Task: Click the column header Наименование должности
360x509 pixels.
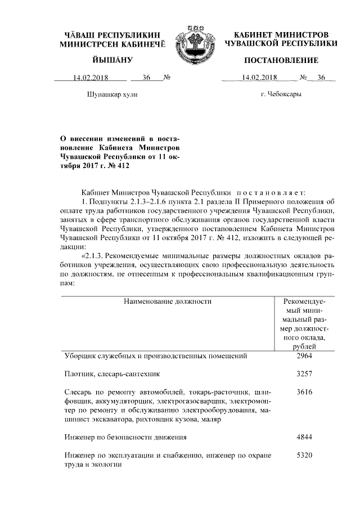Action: [x=167, y=301]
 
